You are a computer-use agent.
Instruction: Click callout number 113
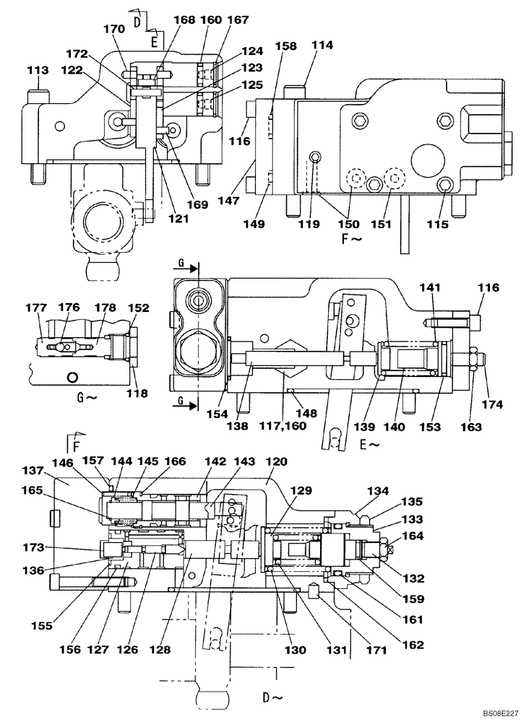click(38, 71)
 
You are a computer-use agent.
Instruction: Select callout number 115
click(439, 225)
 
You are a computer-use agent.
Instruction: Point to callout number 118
click(137, 393)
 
